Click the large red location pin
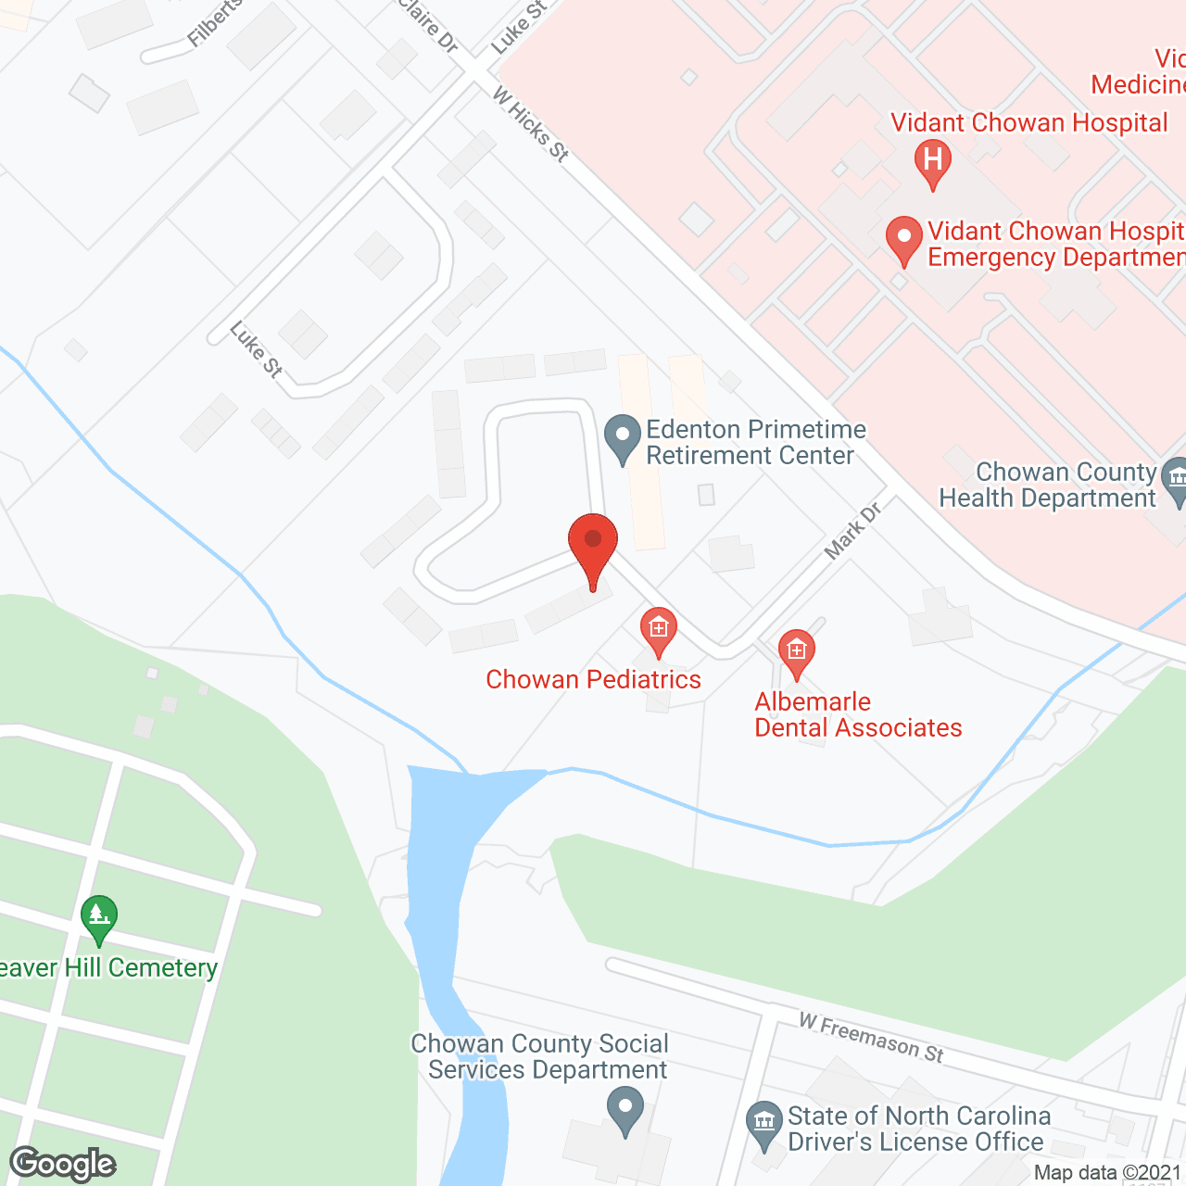[x=593, y=547]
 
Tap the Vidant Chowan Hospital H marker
[x=933, y=160]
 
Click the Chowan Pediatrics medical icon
[x=658, y=629]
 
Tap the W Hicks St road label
[x=530, y=124]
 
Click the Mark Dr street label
[x=852, y=532]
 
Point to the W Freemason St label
[x=871, y=1038]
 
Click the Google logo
[x=63, y=1164]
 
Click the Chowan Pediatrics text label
[x=593, y=679]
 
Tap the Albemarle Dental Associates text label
[x=858, y=714]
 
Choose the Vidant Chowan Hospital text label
[x=1028, y=122]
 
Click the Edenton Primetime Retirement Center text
[x=755, y=442]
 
